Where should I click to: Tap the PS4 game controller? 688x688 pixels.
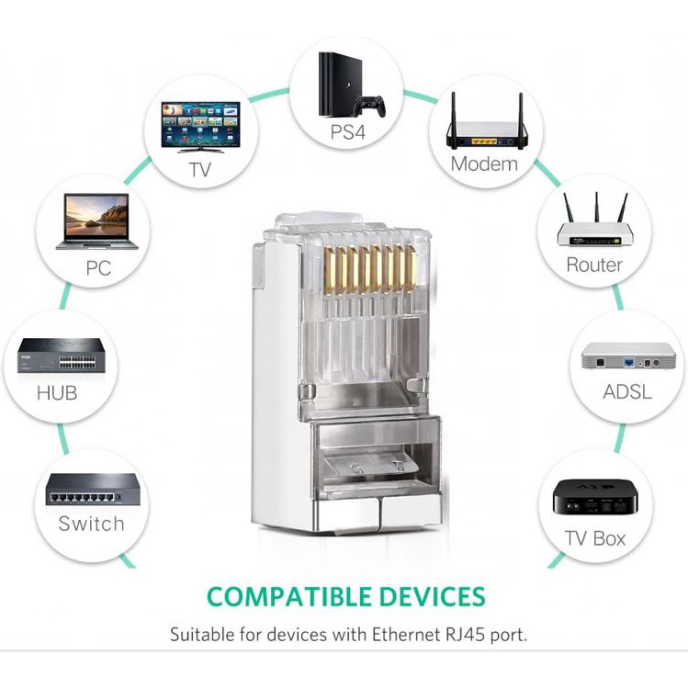(370, 107)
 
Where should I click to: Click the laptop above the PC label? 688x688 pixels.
(97, 221)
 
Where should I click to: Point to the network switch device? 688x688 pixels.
(93, 490)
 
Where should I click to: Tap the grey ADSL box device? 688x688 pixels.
(628, 355)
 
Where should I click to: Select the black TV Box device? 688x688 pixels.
(594, 497)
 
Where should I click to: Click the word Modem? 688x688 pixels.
(484, 164)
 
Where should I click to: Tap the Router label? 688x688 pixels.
(594, 265)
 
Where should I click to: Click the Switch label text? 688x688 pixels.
(91, 524)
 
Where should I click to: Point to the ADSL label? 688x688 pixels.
(627, 392)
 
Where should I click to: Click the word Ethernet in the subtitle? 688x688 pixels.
(406, 635)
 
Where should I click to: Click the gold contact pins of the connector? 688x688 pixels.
(369, 268)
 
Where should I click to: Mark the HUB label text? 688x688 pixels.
(57, 393)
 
